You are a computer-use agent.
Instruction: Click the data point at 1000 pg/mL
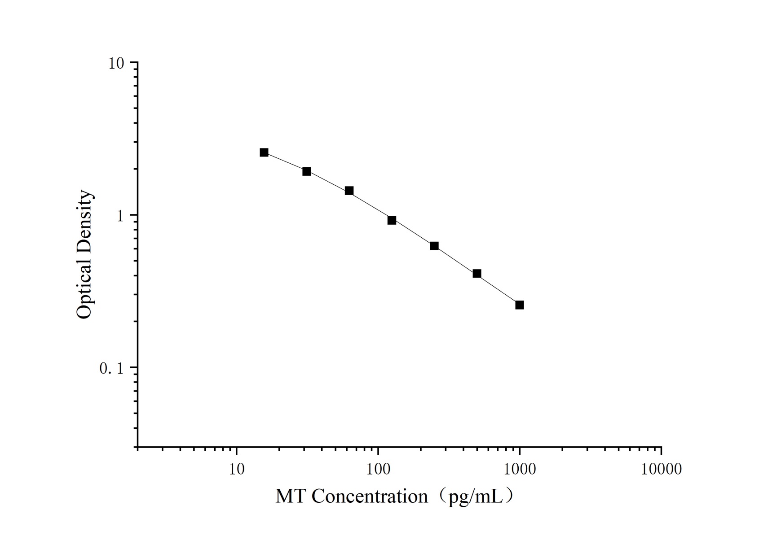click(519, 305)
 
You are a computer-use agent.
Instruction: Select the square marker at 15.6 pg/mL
click(264, 153)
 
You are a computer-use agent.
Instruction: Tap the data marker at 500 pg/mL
click(477, 274)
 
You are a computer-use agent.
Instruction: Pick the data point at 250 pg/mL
click(434, 246)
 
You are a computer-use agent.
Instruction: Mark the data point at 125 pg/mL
click(392, 220)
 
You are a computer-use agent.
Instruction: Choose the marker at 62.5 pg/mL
click(349, 191)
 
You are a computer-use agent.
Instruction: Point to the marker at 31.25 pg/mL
click(307, 171)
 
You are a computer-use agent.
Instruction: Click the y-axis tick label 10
click(116, 64)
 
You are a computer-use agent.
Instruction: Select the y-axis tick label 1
click(119, 216)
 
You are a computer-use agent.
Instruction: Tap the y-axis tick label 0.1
click(111, 369)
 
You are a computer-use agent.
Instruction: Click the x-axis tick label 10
click(237, 469)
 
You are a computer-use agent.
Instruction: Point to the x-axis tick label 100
click(378, 469)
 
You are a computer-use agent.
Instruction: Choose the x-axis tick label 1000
click(520, 469)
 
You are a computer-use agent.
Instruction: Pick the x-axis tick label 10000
click(661, 469)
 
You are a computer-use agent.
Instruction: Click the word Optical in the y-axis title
click(84, 289)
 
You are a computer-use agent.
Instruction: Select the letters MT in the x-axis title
click(291, 497)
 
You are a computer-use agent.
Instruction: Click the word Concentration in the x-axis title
click(370, 497)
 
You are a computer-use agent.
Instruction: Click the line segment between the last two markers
click(498, 289)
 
